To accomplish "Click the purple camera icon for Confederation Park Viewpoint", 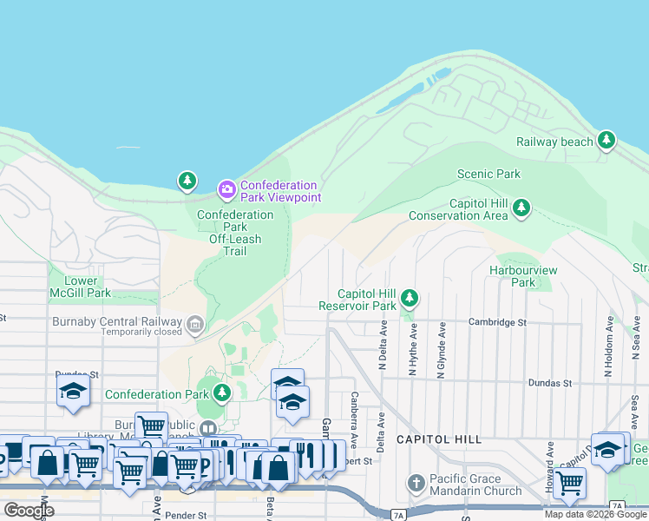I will pos(226,188).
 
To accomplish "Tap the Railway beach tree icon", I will pos(606,141).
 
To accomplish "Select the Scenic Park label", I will pos(488,174).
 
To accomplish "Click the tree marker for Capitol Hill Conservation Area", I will pos(521,208).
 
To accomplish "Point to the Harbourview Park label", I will pos(522,276).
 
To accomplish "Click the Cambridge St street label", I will pos(498,322).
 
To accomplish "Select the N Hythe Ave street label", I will pos(413,350).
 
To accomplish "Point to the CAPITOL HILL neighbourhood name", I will pos(439,439).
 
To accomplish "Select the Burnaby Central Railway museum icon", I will pos(195,326).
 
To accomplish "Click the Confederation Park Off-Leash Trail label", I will pos(234,233).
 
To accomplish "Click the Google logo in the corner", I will pos(29,510).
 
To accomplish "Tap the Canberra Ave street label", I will pos(353,415).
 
